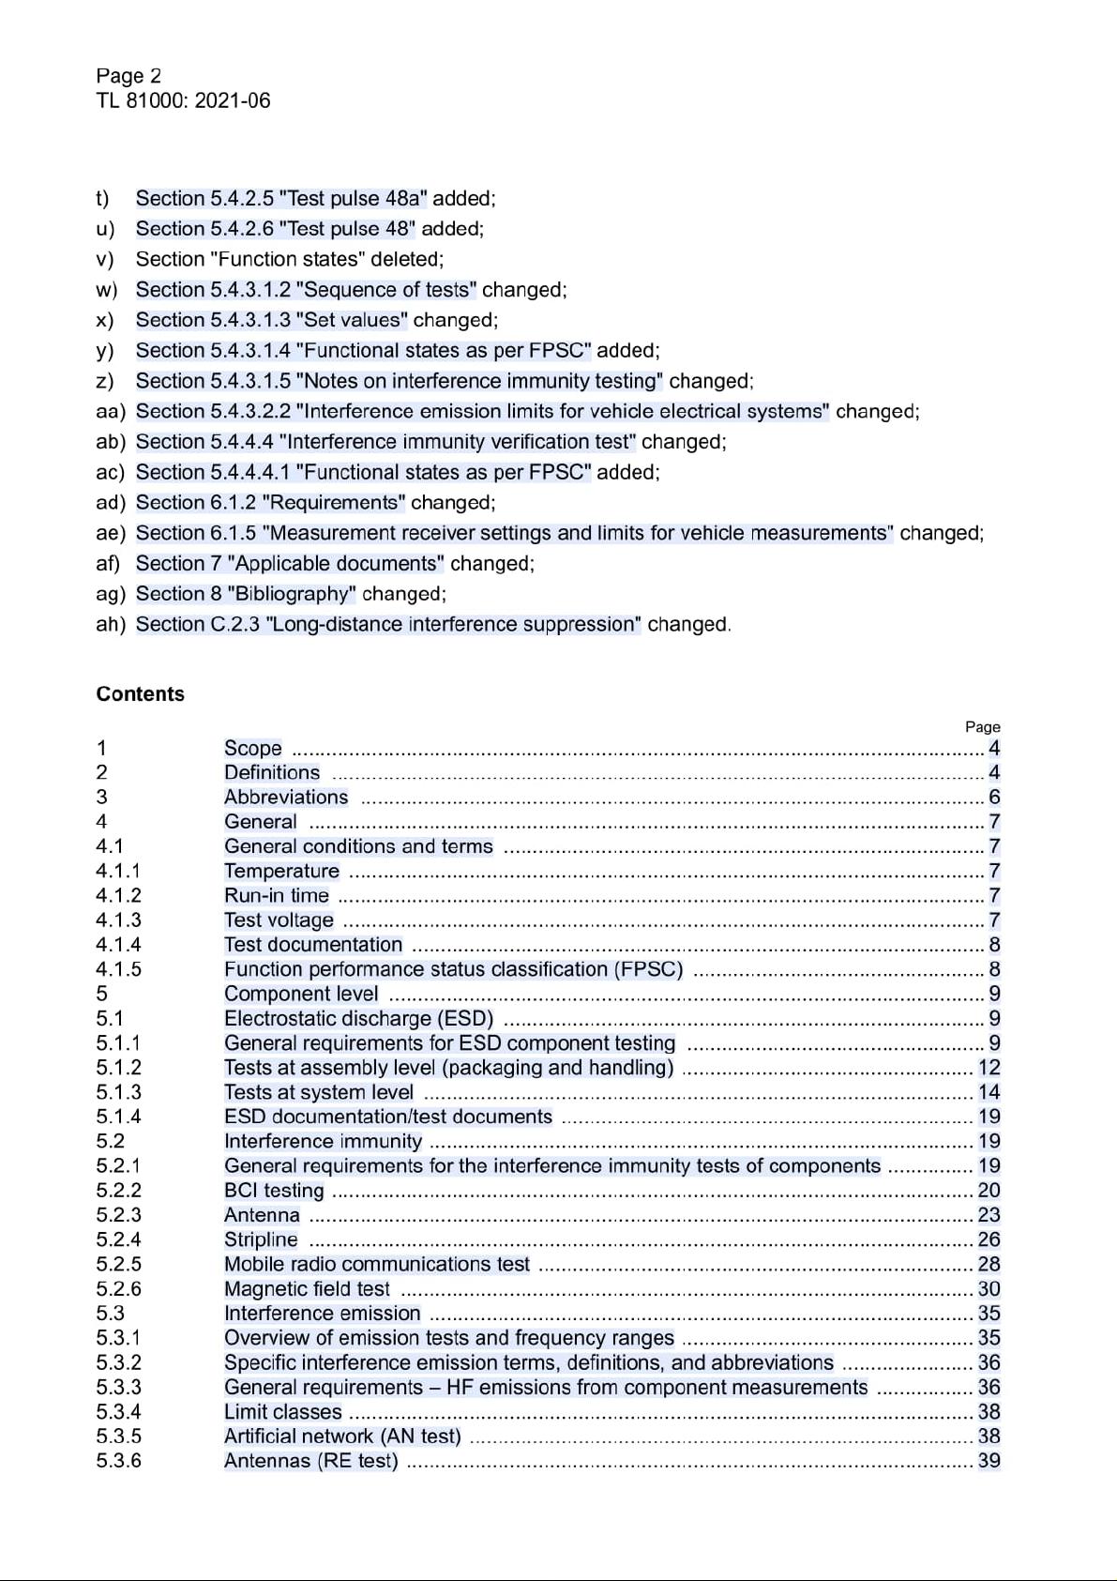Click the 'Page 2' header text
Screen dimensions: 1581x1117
point(128,76)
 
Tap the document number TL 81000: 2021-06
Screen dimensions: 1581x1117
point(183,100)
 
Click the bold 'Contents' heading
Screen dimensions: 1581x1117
point(140,694)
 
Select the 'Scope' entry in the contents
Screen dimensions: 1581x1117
point(253,748)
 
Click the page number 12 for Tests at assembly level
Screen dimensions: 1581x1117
point(989,1068)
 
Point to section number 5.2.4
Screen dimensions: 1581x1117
point(118,1239)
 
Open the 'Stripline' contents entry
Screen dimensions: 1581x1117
point(261,1239)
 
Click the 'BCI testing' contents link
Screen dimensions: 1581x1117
point(274,1191)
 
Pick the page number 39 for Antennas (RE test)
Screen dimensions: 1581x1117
point(989,1461)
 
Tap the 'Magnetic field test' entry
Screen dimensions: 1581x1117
point(307,1289)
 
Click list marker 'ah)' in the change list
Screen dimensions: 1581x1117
point(110,625)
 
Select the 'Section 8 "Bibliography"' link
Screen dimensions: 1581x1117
point(246,594)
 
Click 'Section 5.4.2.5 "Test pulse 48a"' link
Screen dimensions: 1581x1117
point(281,199)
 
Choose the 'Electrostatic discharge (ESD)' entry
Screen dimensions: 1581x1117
point(358,1019)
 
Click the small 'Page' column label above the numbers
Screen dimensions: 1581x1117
point(982,727)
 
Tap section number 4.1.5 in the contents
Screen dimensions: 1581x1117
point(118,969)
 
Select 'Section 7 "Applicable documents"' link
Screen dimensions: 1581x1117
point(290,564)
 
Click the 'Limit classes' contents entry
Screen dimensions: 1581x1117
point(282,1412)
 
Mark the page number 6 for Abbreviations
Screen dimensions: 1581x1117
point(994,798)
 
